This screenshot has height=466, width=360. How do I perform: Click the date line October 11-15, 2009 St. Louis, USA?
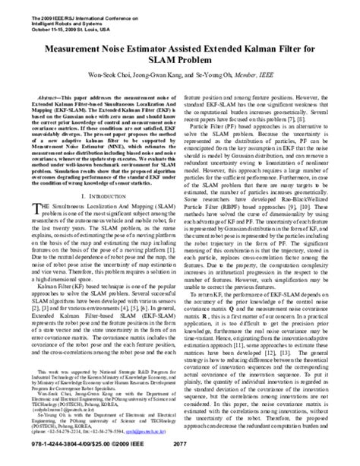coord(71,23)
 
